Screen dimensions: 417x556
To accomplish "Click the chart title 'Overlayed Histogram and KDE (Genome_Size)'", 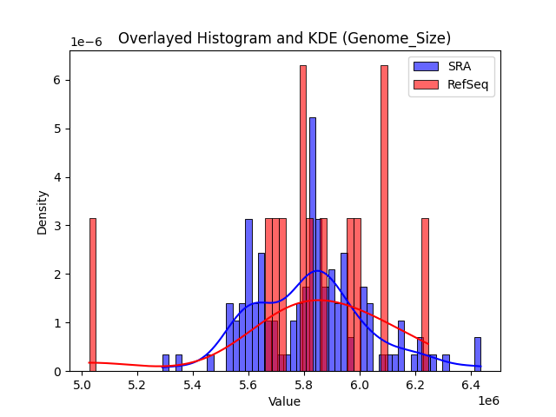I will pyautogui.click(x=284, y=38).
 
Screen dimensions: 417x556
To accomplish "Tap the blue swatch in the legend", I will pyautogui.click(x=426, y=66).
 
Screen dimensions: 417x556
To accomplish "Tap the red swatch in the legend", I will pyautogui.click(x=426, y=83).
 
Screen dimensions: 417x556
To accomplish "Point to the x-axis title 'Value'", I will pyautogui.click(x=284, y=401).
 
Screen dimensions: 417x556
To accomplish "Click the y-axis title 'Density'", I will pyautogui.click(x=43, y=211).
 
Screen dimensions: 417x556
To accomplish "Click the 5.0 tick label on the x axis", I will pyautogui.click(x=83, y=384).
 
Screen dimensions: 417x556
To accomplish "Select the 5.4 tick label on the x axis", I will pyautogui.click(x=194, y=384).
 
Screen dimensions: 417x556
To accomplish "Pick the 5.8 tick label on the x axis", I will pyautogui.click(x=305, y=384).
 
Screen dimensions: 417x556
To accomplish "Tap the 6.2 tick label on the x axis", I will pyautogui.click(x=416, y=384).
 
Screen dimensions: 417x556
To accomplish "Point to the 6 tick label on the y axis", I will pyautogui.click(x=58, y=80).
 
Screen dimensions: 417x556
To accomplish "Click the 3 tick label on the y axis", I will pyautogui.click(x=58, y=226).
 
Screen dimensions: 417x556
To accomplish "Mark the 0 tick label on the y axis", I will pyautogui.click(x=58, y=372).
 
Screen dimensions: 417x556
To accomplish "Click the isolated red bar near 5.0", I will pyautogui.click(x=92, y=295).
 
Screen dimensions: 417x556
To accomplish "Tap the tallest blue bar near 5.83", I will pyautogui.click(x=313, y=244).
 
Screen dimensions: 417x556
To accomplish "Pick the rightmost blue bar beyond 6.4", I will pyautogui.click(x=477, y=354).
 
